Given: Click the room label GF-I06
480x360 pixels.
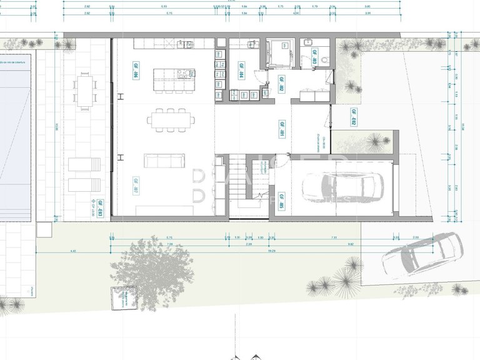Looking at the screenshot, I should click(x=135, y=70).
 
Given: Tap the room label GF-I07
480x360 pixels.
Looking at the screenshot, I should click(x=135, y=186).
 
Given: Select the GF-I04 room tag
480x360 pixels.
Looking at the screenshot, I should click(x=241, y=69).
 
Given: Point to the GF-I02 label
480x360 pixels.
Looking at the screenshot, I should click(x=281, y=84).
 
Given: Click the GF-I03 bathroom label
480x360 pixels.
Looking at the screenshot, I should click(x=314, y=59).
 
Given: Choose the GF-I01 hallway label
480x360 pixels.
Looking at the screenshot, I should click(x=281, y=129).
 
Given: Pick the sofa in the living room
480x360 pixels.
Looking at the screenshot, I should click(x=164, y=161).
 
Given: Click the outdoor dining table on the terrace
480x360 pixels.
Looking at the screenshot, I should click(x=84, y=91).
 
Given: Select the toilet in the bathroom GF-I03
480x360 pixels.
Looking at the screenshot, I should click(x=326, y=60).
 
